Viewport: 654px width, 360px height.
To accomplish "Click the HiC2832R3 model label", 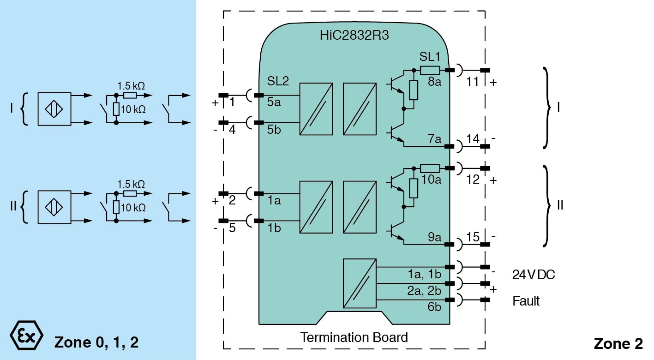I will point(354,36).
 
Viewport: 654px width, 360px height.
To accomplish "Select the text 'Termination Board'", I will point(354,337).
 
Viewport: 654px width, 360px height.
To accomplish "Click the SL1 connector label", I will point(430,57).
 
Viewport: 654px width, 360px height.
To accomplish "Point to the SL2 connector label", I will point(278,82).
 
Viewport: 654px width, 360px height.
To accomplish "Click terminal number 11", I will point(473,82).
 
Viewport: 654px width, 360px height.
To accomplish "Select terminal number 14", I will point(473,138).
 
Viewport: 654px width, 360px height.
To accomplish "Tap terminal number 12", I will point(473,180).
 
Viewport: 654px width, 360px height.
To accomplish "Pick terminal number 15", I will point(473,236).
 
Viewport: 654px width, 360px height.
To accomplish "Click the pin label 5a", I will point(274,102).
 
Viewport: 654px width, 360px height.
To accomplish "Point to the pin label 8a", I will point(434,82).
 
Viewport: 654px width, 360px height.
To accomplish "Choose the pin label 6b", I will point(434,307).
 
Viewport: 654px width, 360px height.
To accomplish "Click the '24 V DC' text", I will point(534,275).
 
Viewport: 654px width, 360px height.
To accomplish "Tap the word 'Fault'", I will point(526,301).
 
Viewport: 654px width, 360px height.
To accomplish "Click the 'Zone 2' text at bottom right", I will point(618,343).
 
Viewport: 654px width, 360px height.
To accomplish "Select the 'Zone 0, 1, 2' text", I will point(96,342).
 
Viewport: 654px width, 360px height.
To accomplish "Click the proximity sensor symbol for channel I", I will point(54,109).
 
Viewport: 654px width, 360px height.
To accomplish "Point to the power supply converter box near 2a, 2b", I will point(360,283).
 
